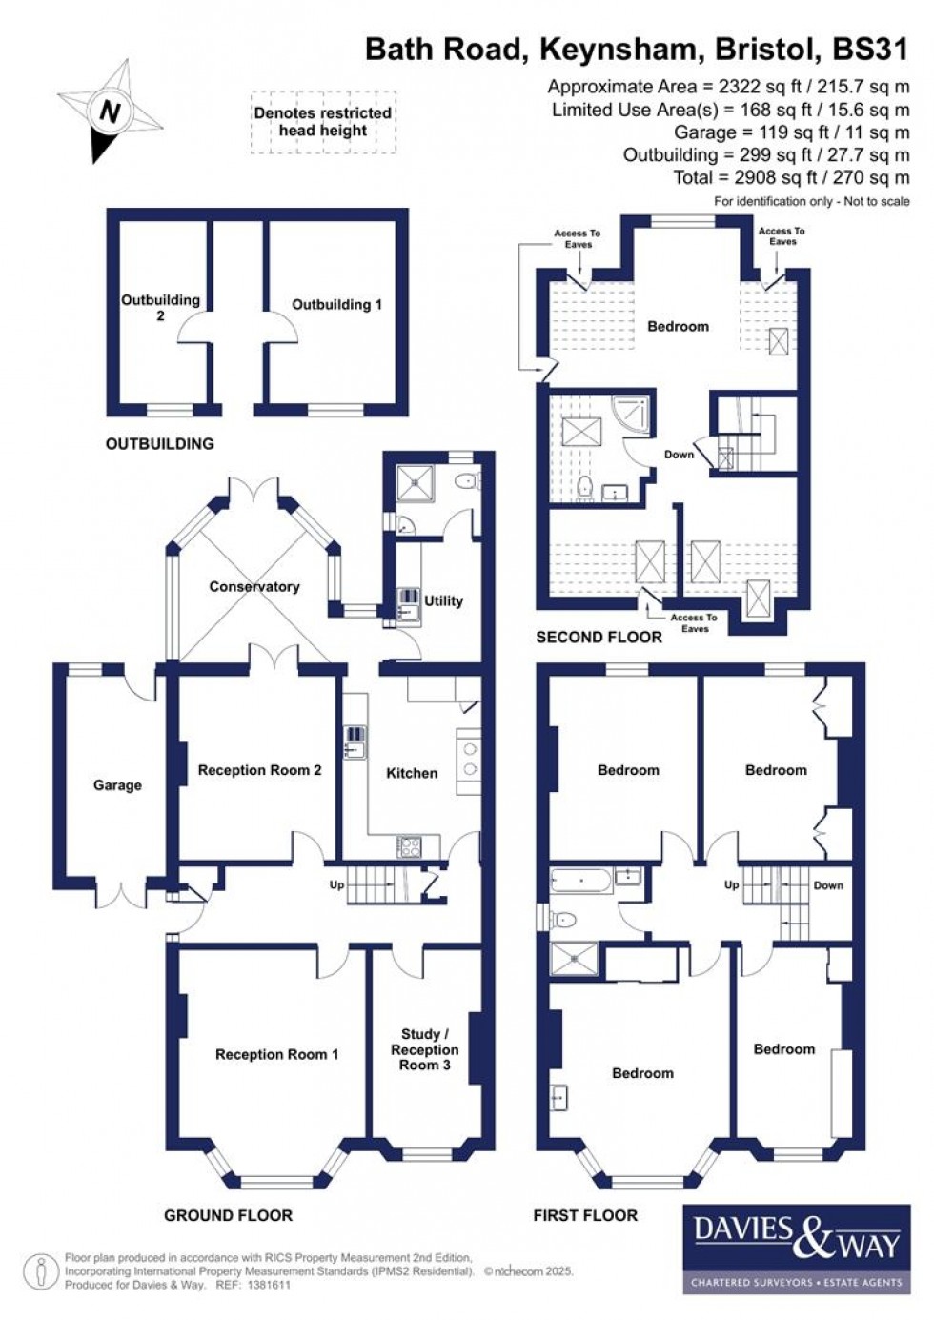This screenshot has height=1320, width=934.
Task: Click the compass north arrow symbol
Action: [x=110, y=112]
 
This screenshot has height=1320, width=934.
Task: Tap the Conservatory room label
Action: [x=254, y=587]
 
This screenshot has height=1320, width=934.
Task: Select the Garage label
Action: [x=117, y=785]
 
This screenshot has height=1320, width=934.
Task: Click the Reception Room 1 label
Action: [x=276, y=1054]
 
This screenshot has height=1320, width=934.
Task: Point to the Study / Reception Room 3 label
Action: [x=425, y=1049]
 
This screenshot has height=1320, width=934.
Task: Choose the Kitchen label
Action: [x=412, y=773]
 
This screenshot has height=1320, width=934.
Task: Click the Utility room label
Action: [x=443, y=600]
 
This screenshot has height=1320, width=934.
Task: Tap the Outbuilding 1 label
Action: [x=336, y=305]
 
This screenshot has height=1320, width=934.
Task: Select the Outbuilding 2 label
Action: [x=160, y=307]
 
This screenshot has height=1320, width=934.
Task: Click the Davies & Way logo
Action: [x=796, y=1248]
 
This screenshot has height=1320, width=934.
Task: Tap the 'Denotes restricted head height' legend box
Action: [x=322, y=121]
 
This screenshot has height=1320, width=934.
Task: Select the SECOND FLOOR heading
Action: [x=599, y=637]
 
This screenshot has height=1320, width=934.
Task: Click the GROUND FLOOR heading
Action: [x=228, y=1215]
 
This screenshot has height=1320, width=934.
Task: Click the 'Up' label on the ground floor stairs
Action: [x=336, y=885]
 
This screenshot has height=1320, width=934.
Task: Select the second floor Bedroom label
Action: [x=678, y=326]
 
